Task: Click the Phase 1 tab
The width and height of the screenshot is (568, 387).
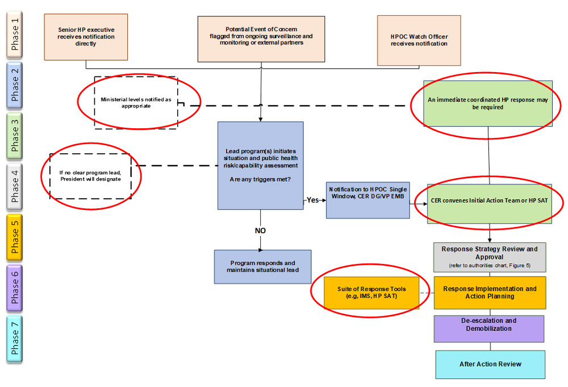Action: coord(15,35)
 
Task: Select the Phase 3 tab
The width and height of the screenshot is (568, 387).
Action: coord(15,136)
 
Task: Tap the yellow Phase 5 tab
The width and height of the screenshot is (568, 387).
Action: coord(15,236)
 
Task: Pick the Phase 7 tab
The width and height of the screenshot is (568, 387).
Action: coord(15,338)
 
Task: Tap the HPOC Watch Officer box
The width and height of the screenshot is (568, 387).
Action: coord(419,40)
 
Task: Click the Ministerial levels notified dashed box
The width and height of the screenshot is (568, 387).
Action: coord(136,103)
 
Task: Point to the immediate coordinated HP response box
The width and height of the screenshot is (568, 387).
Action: coord(488,103)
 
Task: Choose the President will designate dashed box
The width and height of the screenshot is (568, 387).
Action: coord(91,176)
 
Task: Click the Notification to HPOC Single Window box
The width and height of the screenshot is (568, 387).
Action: coord(367,200)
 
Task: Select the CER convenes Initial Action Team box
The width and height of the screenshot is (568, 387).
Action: coord(489,200)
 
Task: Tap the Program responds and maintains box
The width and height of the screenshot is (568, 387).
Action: coord(262,267)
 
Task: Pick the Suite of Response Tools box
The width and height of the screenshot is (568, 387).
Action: coord(371,292)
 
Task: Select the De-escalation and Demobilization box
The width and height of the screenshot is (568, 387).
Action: coord(488,328)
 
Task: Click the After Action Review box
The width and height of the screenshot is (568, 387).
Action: coord(490,364)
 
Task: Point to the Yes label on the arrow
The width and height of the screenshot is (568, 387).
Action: coord(312,200)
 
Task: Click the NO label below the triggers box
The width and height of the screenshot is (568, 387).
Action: coord(261,230)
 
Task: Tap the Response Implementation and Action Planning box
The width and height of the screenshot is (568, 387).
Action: coord(489,292)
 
